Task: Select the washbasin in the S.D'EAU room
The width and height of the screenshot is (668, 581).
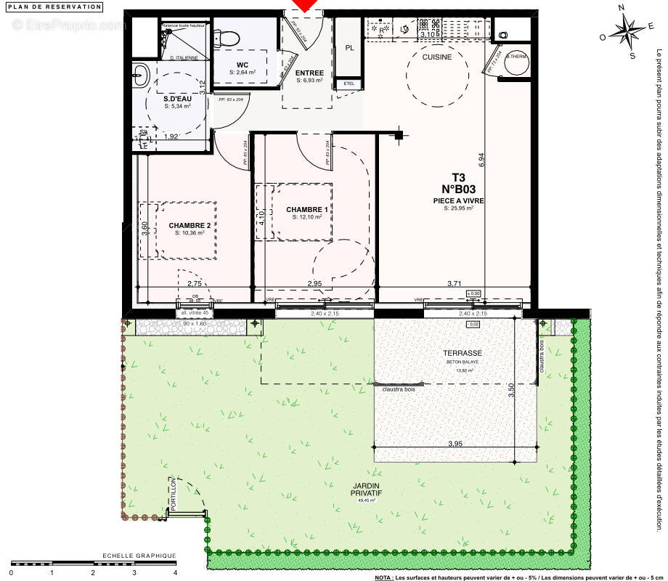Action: [141, 73]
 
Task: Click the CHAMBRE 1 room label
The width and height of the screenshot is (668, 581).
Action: [307, 209]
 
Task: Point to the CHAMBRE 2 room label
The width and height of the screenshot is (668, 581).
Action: [190, 225]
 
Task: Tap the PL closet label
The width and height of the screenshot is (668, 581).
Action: [349, 49]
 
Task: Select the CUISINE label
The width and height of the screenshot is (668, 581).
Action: [437, 57]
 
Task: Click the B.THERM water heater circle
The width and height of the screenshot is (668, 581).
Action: [516, 63]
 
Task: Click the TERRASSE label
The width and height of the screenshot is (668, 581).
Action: [463, 354]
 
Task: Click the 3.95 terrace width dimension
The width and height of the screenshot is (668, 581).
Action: [455, 443]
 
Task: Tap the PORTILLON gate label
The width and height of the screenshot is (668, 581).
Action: [174, 496]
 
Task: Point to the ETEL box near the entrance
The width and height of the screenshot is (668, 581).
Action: [349, 84]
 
